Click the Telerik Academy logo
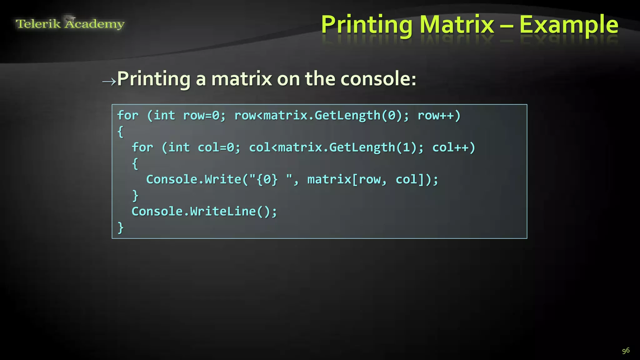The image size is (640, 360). (x=70, y=23)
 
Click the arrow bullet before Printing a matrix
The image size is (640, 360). (x=109, y=82)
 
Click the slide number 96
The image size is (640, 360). (x=626, y=351)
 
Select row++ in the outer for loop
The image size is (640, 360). (x=439, y=116)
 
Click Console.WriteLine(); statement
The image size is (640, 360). (x=204, y=212)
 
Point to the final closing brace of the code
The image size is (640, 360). (x=120, y=227)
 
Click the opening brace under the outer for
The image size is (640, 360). (x=120, y=132)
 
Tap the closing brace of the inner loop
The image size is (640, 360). (x=135, y=196)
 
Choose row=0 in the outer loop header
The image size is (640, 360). (x=202, y=116)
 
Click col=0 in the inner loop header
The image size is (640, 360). (x=216, y=147)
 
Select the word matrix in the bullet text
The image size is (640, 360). (x=242, y=78)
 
